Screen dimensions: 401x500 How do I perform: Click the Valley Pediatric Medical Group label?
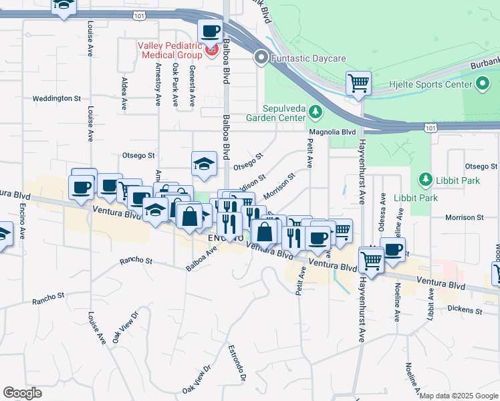click(170, 50)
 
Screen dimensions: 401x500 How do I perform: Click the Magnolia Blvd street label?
click(339, 132)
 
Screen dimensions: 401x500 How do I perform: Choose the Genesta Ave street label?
click(193, 85)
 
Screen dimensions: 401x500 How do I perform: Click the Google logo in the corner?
click(22, 392)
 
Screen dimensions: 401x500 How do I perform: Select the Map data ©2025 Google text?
click(459, 396)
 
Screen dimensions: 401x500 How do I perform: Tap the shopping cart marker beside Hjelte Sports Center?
click(358, 84)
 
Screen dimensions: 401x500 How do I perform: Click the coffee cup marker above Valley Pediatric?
click(210, 31)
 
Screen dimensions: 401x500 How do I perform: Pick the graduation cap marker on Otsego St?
click(204, 162)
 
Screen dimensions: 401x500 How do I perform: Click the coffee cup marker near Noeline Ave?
click(393, 249)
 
